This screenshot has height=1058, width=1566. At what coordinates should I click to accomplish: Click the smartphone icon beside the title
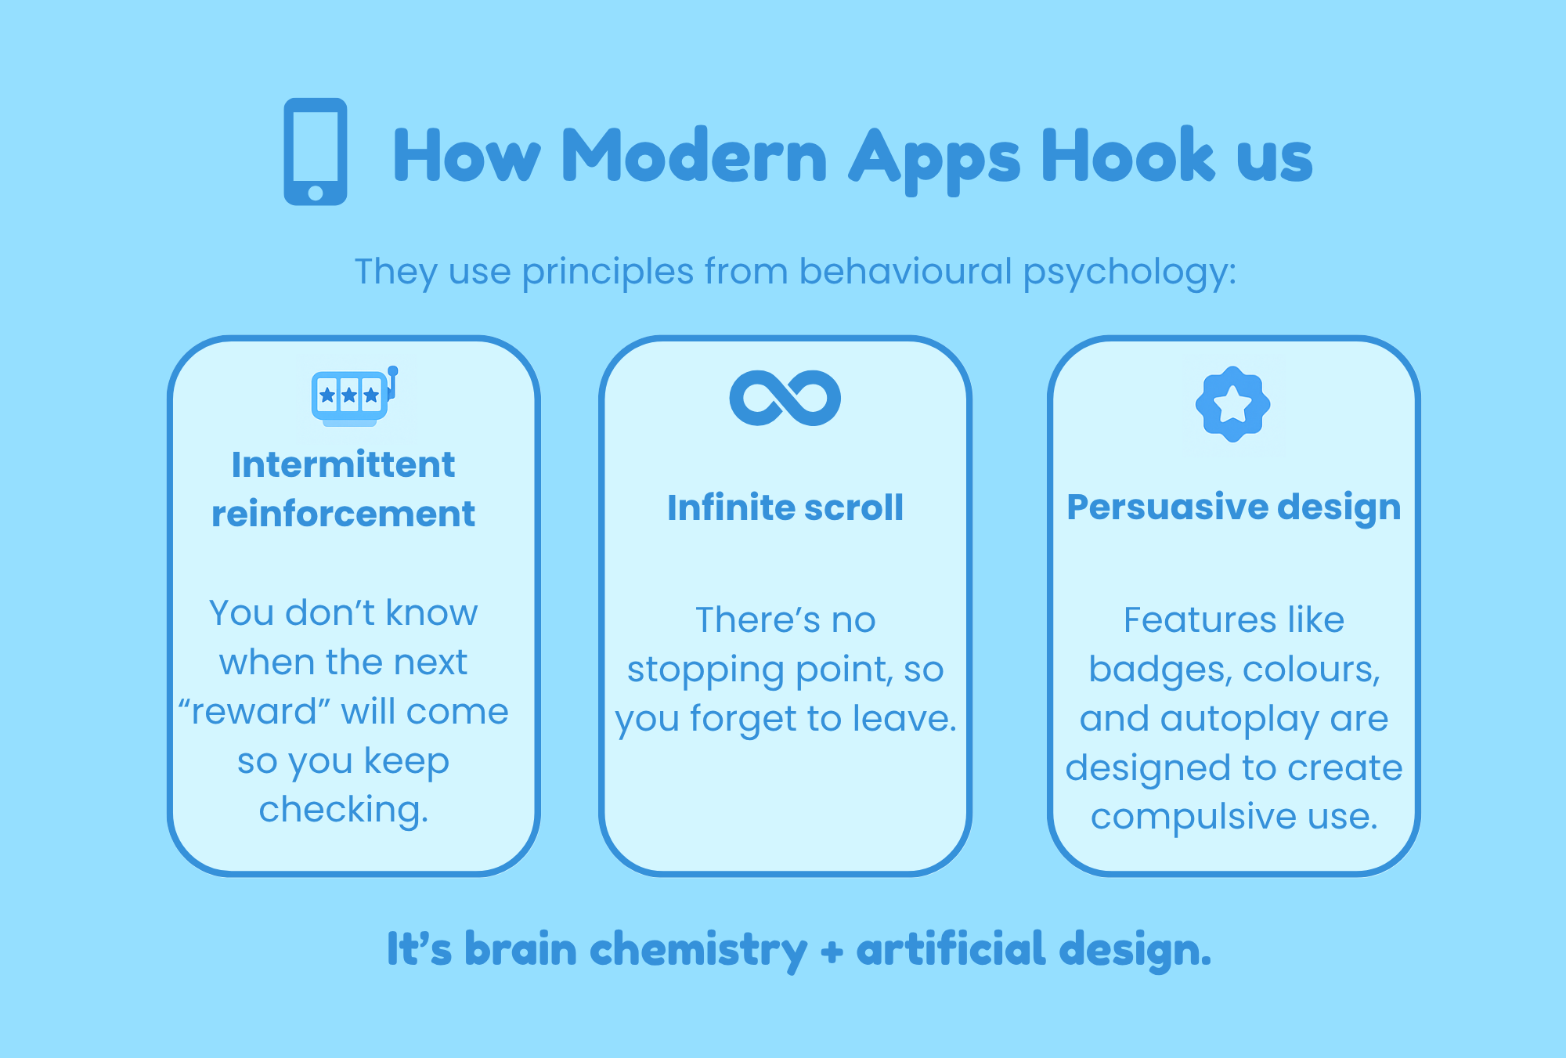coord(316,151)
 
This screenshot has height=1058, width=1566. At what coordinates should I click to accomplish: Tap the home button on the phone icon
coord(316,193)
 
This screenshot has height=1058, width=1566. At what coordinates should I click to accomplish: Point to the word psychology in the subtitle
coord(1130,273)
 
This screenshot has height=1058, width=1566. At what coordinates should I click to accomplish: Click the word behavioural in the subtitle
coord(906,271)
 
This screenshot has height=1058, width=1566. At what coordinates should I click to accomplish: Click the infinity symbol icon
coord(785,398)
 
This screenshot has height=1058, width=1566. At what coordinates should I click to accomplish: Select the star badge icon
coord(1233,404)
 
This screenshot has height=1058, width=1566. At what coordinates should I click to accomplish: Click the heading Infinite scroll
coord(785,507)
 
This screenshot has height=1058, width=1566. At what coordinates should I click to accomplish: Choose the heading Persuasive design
coord(1234,507)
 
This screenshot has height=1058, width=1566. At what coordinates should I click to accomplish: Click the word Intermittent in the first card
coord(343,464)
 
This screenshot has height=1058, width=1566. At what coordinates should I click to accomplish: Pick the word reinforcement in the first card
coord(343,514)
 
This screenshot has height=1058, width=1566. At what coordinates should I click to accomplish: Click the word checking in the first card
coord(344,811)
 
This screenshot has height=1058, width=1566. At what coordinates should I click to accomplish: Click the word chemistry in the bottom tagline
coord(698,951)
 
